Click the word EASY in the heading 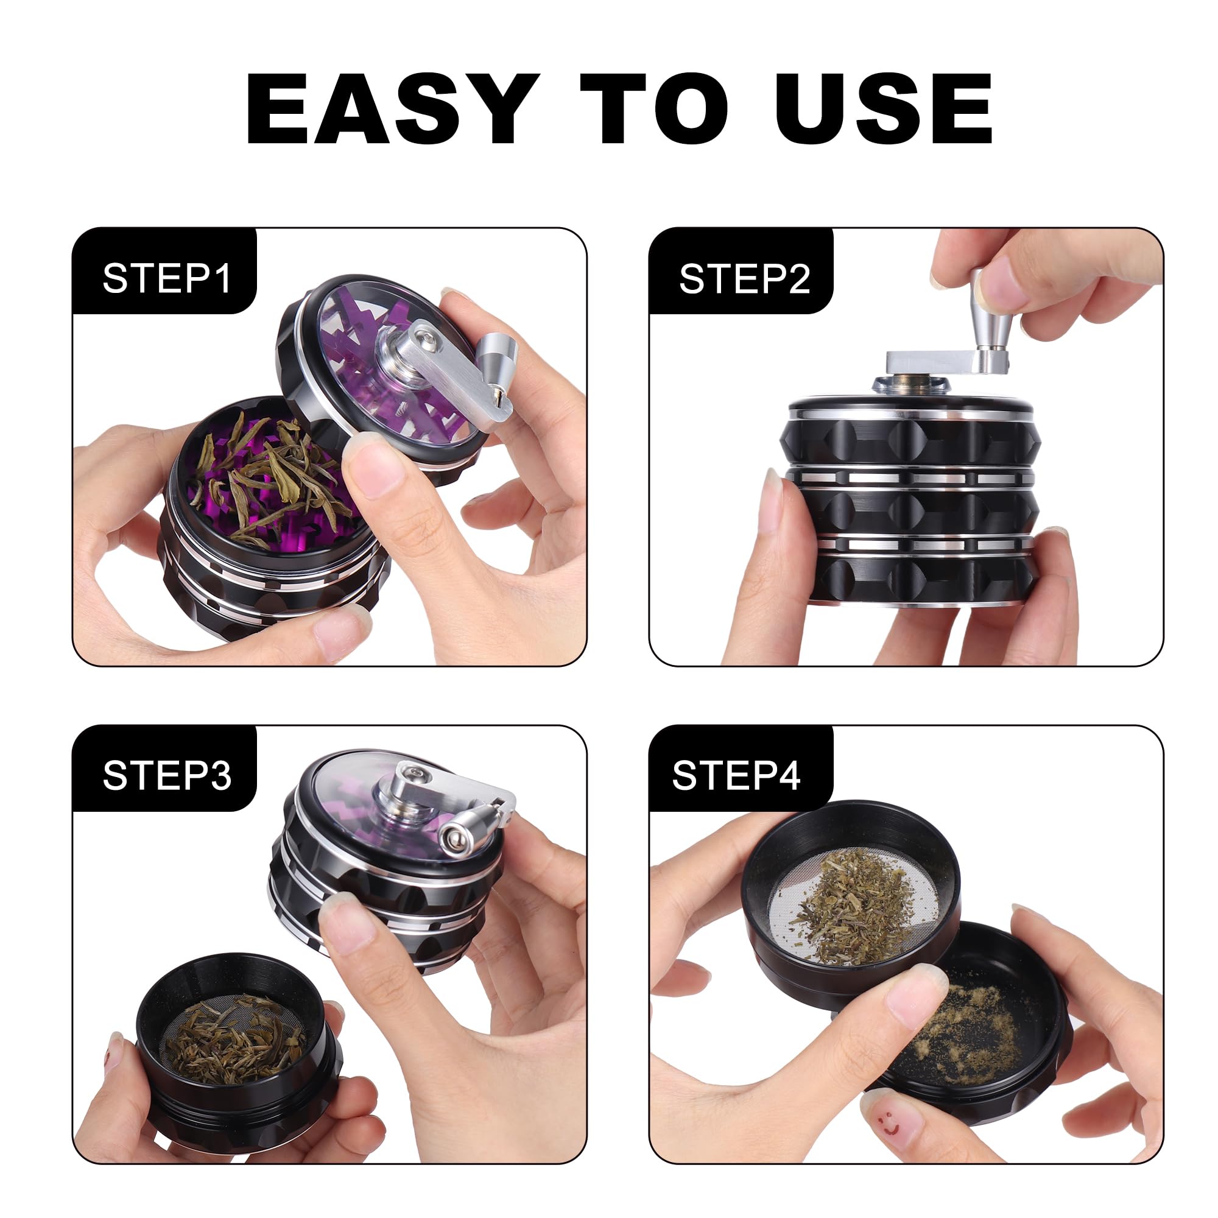392,108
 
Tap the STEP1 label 167,278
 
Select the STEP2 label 744,278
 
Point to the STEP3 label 167,775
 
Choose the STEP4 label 736,775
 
